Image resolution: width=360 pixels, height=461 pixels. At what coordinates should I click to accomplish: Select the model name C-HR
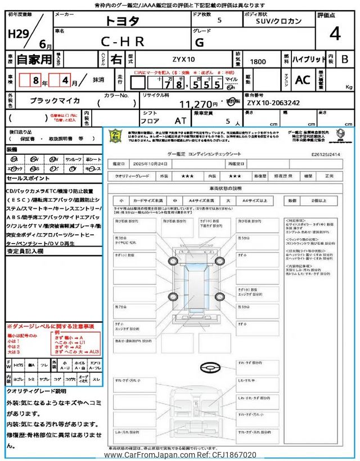(123, 41)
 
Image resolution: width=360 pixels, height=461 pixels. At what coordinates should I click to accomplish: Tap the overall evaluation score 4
(335, 34)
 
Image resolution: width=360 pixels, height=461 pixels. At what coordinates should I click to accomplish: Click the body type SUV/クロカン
(275, 21)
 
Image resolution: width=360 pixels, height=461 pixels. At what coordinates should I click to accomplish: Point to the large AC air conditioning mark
(303, 80)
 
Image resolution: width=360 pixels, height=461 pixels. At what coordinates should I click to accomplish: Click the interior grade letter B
(345, 59)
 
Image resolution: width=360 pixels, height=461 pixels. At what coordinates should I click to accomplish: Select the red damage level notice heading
(50, 326)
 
